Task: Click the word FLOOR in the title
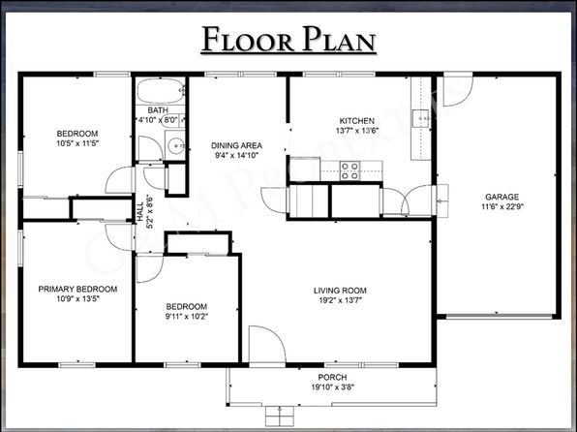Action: tap(248, 39)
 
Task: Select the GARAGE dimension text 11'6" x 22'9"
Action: tap(501, 206)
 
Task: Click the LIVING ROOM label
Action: tap(340, 291)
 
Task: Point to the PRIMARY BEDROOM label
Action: tap(77, 289)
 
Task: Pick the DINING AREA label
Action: tap(236, 145)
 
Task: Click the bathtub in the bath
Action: tap(161, 91)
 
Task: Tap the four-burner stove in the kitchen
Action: tap(349, 170)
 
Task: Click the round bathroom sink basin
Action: tap(176, 146)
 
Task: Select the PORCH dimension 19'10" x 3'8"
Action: tap(333, 387)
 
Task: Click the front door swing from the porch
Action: tap(267, 345)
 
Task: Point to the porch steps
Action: tap(280, 416)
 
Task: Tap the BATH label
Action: tap(158, 110)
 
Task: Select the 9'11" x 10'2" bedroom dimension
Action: tap(187, 317)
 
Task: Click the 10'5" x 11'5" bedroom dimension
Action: tap(77, 143)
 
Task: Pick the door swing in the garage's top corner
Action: tap(457, 90)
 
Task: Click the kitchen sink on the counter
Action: tap(421, 118)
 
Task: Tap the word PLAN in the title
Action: tap(339, 39)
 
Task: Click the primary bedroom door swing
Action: tap(118, 237)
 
